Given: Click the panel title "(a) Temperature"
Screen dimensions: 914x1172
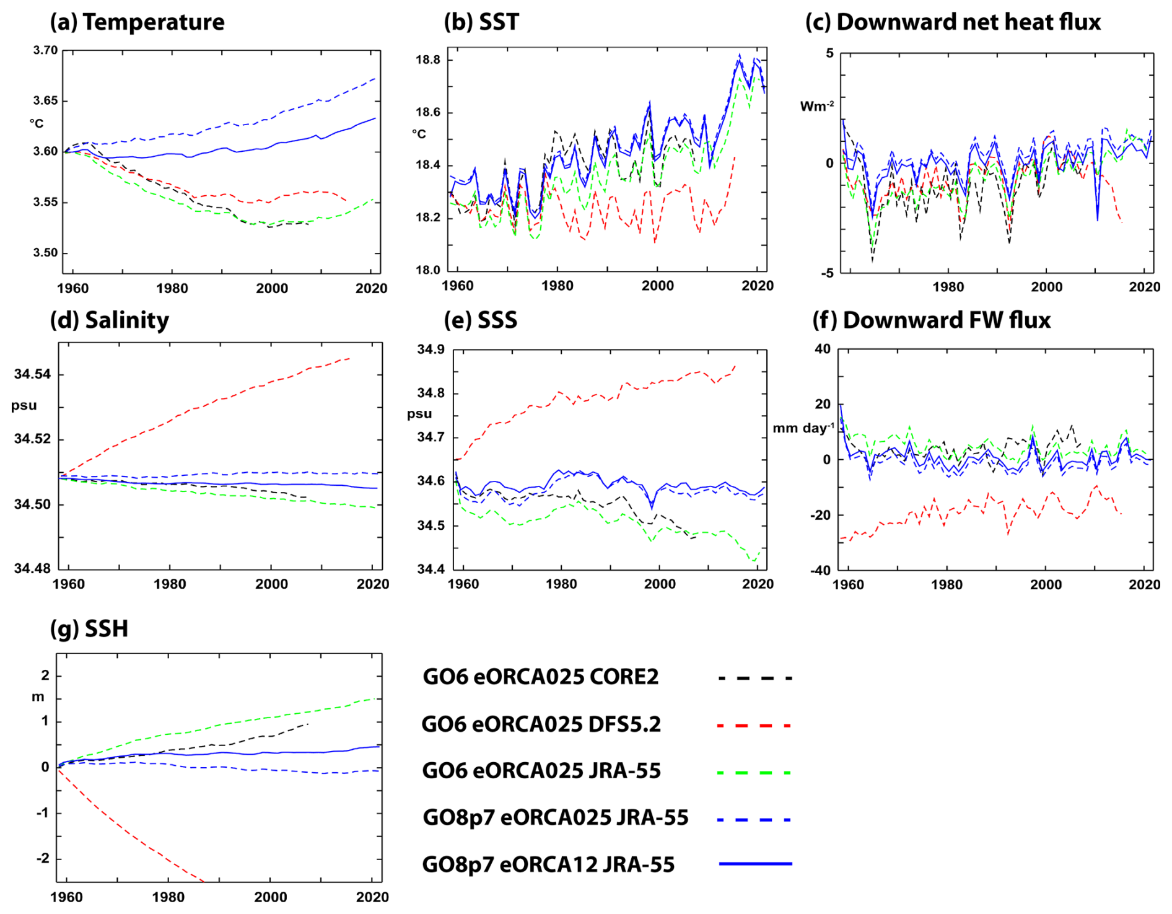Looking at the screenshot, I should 137,22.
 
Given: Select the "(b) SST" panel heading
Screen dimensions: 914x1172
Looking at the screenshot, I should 481,22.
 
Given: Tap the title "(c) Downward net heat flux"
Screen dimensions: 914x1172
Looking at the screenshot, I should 953,22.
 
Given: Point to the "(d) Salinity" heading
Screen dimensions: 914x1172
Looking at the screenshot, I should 110,320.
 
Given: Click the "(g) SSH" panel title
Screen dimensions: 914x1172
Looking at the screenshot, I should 89,629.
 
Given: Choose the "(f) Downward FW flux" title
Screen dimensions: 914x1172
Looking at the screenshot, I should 931,320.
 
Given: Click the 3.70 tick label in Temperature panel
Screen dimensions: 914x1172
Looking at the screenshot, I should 45,50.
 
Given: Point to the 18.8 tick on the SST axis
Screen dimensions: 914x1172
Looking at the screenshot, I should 428,60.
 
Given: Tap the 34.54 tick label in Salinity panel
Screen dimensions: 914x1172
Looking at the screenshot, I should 33,374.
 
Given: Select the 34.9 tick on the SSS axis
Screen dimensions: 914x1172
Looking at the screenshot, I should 431,349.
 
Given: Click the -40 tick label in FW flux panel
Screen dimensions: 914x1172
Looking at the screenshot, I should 823,571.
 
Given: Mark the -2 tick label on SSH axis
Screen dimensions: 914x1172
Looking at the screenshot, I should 42,859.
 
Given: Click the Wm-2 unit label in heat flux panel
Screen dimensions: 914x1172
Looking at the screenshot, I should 816,107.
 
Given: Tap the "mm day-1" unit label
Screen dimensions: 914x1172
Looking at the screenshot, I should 803,428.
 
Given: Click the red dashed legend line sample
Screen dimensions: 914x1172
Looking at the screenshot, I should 754,725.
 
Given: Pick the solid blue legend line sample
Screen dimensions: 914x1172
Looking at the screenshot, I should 755,863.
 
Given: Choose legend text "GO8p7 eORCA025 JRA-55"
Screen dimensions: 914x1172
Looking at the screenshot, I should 555,818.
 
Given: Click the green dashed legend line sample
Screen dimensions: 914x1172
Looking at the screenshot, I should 754,773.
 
